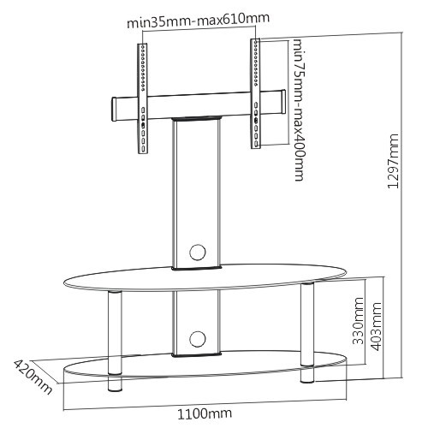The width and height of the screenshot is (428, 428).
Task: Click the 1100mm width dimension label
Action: click(205, 413)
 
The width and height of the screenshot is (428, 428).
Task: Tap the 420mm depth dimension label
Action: click(33, 377)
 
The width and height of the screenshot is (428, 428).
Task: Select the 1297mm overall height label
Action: click(393, 161)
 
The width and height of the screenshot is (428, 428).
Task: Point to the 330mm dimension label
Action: click(359, 321)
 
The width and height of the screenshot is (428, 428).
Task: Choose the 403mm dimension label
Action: click(376, 326)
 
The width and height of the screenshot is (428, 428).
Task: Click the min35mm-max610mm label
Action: click(199, 20)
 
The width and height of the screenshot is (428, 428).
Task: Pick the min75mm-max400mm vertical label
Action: click(299, 110)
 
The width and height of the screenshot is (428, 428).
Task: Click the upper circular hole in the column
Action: click(198, 252)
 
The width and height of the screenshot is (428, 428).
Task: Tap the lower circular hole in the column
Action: click(198, 339)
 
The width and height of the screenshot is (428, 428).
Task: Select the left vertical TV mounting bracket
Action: click(143, 98)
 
